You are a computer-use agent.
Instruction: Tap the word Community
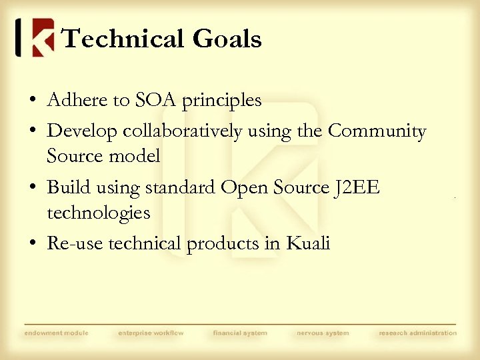[x=377, y=132]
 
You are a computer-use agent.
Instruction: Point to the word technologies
[x=99, y=213]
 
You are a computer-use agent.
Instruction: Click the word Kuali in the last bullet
[x=307, y=243]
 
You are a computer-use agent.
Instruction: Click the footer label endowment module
[x=56, y=333]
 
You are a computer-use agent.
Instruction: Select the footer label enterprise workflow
[x=151, y=333]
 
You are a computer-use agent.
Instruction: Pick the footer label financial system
[x=240, y=333]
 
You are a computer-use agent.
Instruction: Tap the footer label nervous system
[x=323, y=333]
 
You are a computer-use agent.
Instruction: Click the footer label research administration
[x=418, y=333]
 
